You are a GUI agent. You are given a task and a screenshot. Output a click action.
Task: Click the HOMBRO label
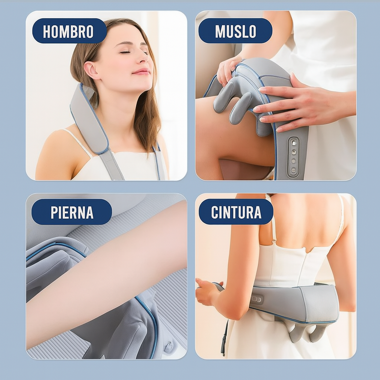point(69,31)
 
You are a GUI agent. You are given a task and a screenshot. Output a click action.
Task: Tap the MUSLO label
point(235,31)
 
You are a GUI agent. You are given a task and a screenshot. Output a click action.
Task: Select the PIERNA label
point(72,212)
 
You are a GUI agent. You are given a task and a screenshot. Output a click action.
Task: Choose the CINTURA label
point(236,212)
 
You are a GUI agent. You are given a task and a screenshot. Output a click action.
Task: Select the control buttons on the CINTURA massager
point(257,299)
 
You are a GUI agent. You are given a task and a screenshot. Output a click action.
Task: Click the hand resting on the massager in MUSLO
point(297,102)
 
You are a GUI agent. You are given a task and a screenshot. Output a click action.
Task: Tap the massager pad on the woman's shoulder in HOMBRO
point(89,119)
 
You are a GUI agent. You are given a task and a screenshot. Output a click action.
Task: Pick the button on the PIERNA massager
point(168,346)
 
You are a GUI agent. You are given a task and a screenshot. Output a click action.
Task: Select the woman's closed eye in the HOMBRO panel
point(125,52)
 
